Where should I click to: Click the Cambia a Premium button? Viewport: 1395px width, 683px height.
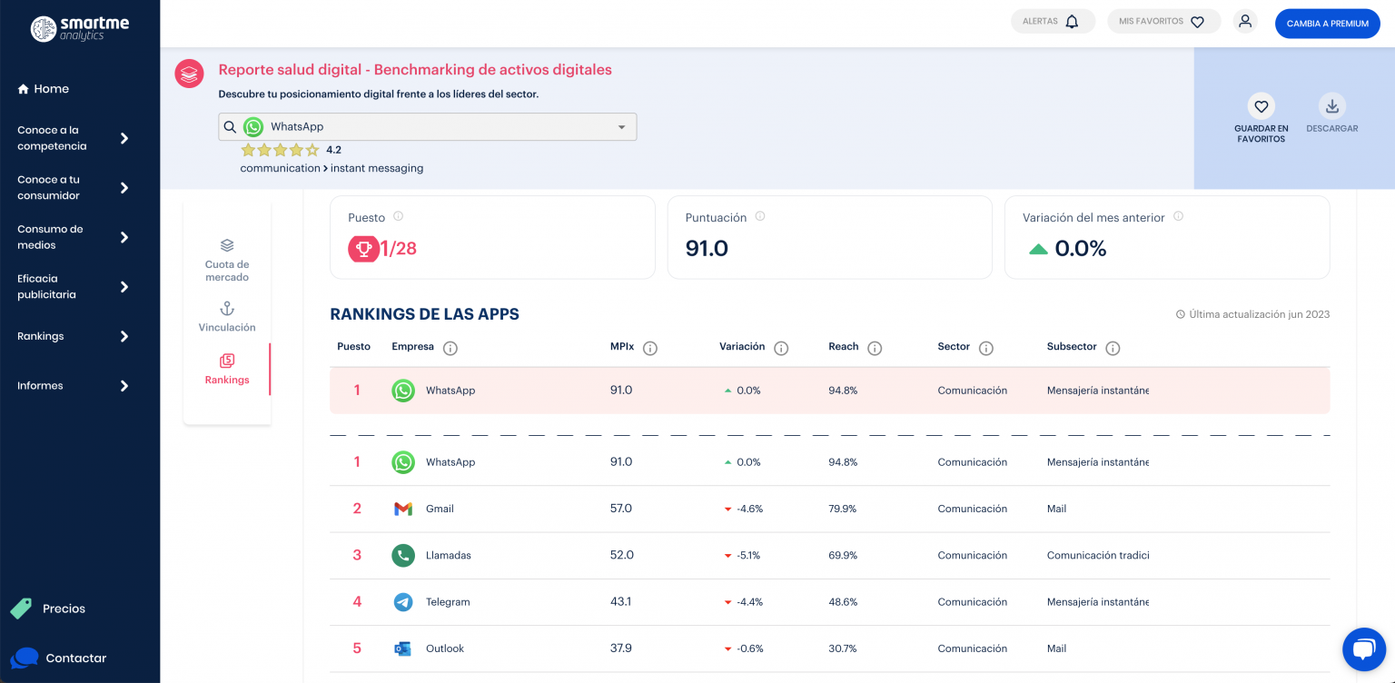[1327, 24]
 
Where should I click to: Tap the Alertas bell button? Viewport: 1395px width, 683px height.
[1053, 22]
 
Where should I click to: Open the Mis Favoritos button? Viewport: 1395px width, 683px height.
[1163, 22]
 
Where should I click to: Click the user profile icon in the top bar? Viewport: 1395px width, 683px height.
[1245, 22]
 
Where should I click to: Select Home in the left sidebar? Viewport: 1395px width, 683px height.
[43, 89]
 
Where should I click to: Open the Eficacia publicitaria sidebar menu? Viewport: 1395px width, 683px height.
[73, 287]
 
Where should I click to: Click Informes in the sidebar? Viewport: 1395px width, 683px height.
[73, 386]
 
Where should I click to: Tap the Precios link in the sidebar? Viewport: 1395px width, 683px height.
[64, 609]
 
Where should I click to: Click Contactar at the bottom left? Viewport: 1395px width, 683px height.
[75, 658]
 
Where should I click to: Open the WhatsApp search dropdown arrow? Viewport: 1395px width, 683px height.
[622, 127]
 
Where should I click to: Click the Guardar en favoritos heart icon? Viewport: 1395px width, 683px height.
[1261, 107]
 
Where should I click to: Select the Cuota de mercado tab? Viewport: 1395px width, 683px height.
[227, 259]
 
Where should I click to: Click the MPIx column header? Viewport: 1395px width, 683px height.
[621, 347]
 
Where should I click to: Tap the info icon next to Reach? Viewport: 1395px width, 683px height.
[875, 348]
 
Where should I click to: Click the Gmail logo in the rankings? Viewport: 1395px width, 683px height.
[403, 509]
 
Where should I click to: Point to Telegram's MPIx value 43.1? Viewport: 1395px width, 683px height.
[621, 602]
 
